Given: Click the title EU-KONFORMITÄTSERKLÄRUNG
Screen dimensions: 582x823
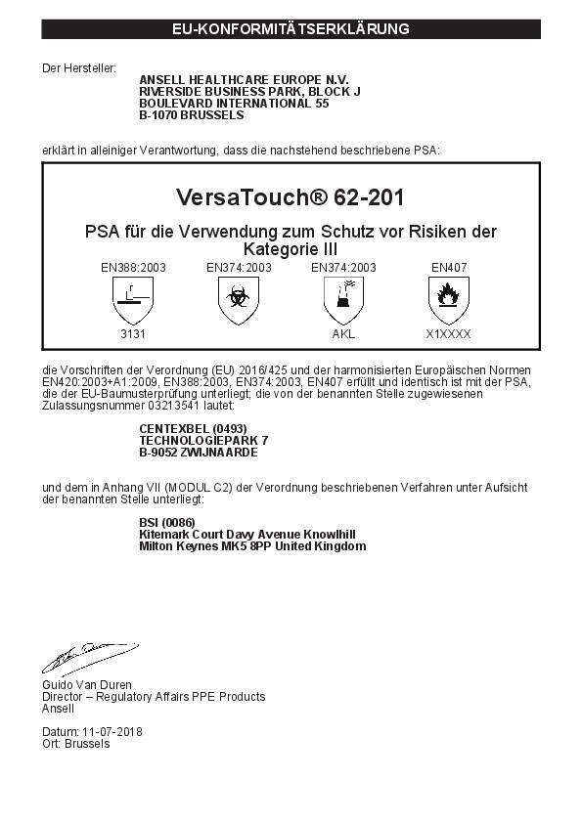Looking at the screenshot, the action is pos(291,29).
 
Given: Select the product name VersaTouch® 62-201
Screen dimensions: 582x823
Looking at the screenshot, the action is pos(291,196).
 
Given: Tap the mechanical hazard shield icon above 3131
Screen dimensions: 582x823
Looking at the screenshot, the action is pos(133,298).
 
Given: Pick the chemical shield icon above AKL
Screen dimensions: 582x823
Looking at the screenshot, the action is pos(343,298).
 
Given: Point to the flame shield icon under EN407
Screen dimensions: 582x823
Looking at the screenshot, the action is pos(448,298).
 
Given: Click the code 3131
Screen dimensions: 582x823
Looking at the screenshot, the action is pos(133,333).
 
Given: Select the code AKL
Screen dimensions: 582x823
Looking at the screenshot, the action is pos(343,333).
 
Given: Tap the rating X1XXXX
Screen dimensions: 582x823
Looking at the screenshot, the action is pos(448,333).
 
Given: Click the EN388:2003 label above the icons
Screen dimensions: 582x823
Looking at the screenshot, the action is pos(133,266).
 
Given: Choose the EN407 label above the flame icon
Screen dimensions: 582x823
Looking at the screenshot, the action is pos(448,266).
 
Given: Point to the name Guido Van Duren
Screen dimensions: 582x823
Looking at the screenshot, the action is pos(87,685).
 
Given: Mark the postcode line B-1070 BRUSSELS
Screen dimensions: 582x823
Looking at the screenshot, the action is pos(192,114).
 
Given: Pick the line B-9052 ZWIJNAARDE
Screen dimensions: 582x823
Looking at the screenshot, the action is pos(199,453).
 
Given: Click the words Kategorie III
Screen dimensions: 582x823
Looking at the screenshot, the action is pos(291,249).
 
